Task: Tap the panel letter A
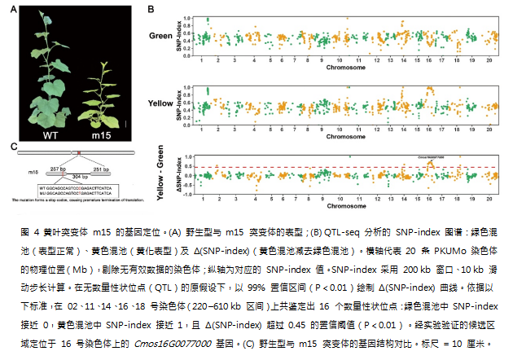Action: click(13, 9)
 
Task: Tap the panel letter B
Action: click(151, 9)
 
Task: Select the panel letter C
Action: click(13, 146)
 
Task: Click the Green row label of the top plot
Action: click(160, 36)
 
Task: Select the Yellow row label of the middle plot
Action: click(160, 103)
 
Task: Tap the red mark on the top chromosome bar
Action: click(78, 151)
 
